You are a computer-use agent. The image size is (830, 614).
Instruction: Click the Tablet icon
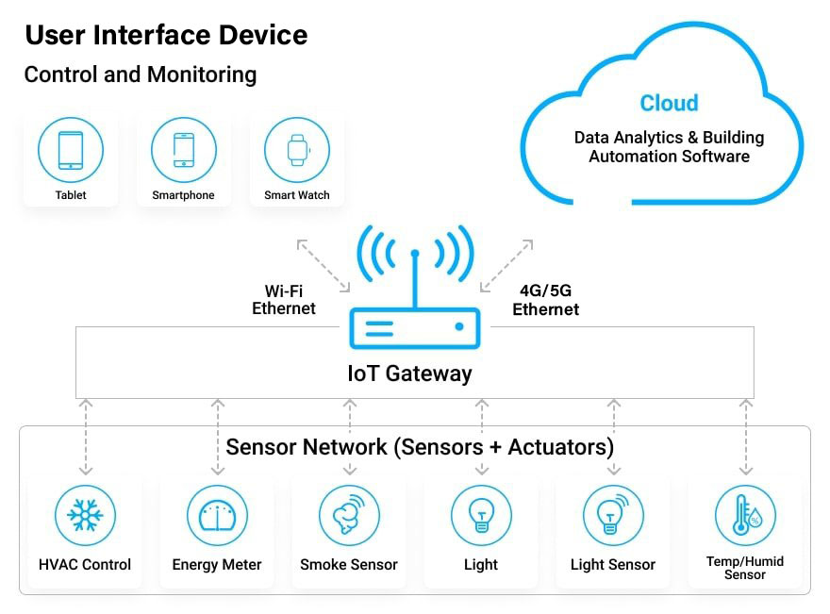point(71,150)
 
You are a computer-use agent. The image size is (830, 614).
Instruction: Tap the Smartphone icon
point(184,150)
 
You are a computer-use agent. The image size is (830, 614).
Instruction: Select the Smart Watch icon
point(297,150)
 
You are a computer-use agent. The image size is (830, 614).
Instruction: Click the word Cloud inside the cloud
point(669,103)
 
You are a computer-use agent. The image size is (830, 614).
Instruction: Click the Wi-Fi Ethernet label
point(284,300)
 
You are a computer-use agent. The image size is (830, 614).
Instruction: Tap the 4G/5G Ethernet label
point(546,300)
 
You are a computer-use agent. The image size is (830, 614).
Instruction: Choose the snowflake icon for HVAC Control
point(85,515)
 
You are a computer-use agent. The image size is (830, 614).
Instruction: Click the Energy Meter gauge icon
point(218,515)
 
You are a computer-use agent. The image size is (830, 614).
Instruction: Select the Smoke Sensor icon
point(349,515)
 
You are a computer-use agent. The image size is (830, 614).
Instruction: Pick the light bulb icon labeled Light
point(481,515)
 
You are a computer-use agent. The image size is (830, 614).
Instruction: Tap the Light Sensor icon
point(613,515)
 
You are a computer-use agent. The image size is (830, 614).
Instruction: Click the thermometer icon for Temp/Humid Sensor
point(745,515)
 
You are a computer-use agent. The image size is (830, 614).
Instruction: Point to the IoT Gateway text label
point(409,373)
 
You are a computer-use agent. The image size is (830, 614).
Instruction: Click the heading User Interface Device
point(166,35)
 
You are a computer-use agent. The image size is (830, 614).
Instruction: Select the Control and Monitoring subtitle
point(141,75)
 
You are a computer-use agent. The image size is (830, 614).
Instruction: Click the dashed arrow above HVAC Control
point(86,438)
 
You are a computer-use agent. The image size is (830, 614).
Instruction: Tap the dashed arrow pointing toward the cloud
point(506,266)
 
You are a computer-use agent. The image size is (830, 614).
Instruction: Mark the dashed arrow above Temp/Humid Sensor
point(746,438)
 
